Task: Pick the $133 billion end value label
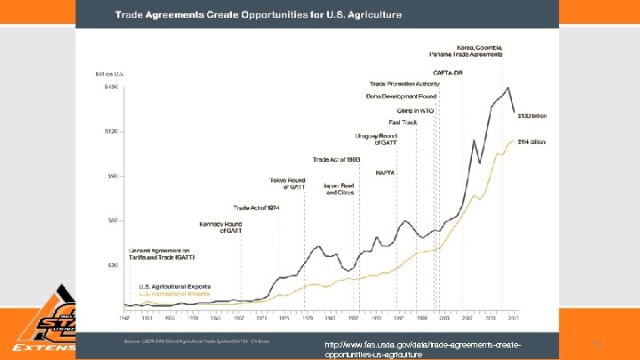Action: click(532, 115)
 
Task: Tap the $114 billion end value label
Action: click(532, 141)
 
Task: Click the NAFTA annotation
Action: click(385, 172)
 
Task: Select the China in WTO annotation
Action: click(415, 109)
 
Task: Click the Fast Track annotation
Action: click(404, 122)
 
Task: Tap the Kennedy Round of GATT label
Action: click(220, 227)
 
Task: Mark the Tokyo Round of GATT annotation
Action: click(286, 183)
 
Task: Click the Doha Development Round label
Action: click(401, 96)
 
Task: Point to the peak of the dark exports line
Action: click(507, 88)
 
